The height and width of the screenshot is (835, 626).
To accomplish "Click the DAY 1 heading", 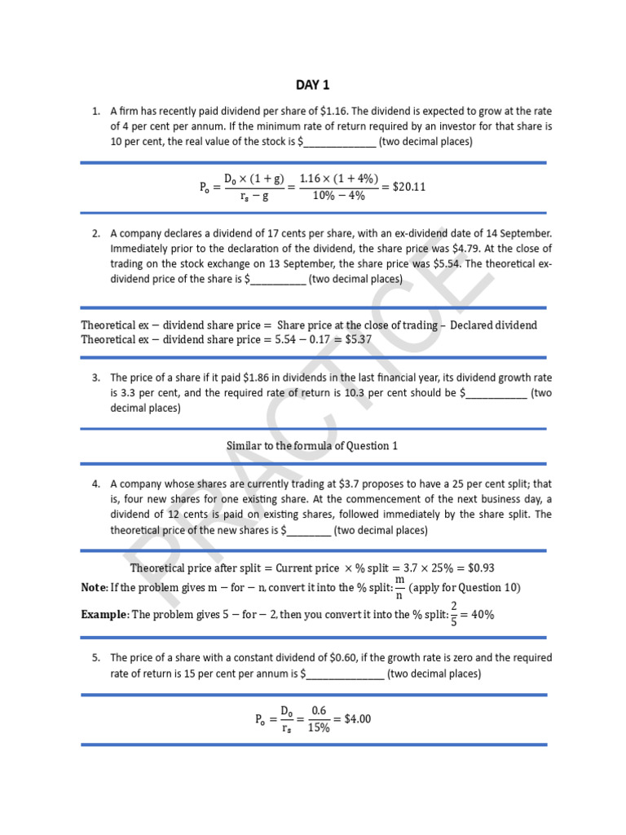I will [x=313, y=86].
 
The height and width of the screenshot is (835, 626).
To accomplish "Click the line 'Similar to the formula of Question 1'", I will [x=312, y=446].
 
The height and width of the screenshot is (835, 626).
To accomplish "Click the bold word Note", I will [x=94, y=588].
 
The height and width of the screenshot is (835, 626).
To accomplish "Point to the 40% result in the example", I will [x=483, y=615].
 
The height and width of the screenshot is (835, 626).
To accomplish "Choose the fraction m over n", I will [x=399, y=587].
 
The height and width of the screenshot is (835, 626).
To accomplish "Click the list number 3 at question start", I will [x=95, y=378].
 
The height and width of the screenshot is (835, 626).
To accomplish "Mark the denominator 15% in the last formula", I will [x=319, y=728].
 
